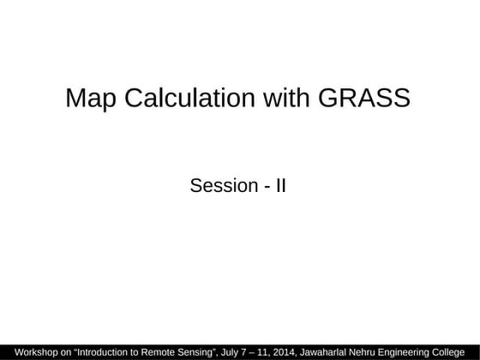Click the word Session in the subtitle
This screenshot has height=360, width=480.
223,184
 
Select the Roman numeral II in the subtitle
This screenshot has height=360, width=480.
280,184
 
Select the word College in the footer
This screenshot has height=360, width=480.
458,351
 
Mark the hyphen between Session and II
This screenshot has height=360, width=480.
266,185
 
